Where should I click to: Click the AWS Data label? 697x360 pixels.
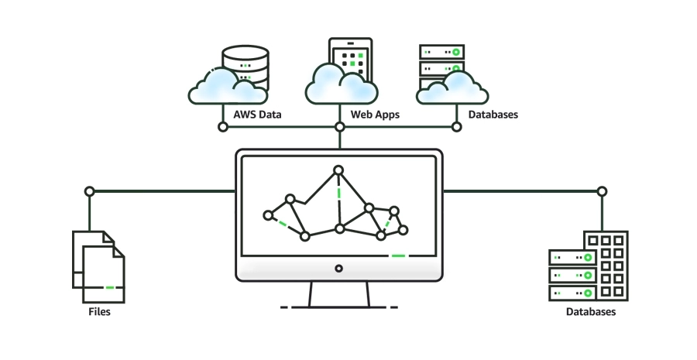pyautogui.click(x=258, y=115)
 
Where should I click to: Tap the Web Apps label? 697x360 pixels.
pyautogui.click(x=376, y=115)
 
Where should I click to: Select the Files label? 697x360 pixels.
pyautogui.click(x=98, y=312)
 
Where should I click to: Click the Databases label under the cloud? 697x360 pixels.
pyautogui.click(x=493, y=115)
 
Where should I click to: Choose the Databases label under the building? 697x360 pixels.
pyautogui.click(x=591, y=312)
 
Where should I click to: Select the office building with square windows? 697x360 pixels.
pyautogui.click(x=607, y=265)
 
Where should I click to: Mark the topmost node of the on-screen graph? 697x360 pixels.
pyautogui.click(x=338, y=170)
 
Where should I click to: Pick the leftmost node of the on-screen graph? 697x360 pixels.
pyautogui.click(x=269, y=215)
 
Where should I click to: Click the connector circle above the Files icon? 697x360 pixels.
pyautogui.click(x=89, y=191)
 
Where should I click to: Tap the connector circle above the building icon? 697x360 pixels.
pyautogui.click(x=602, y=191)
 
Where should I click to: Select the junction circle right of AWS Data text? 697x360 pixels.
pyautogui.click(x=221, y=126)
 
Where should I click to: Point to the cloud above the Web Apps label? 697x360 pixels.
pyautogui.click(x=341, y=84)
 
